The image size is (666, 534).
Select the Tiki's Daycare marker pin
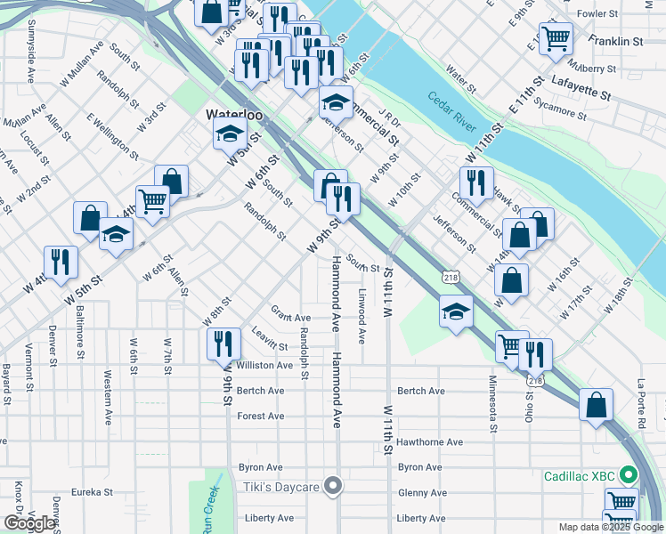(334, 486)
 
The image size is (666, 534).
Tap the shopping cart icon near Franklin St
(556, 39)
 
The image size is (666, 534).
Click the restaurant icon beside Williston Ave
(223, 343)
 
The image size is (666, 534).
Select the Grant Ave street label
(291, 318)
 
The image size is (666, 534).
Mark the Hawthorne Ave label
(430, 441)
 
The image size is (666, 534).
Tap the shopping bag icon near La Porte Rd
(596, 404)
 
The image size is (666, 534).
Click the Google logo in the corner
(29, 522)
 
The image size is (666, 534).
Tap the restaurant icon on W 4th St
(61, 262)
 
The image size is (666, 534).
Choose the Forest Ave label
(261, 416)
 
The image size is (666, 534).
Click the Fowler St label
(597, 14)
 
